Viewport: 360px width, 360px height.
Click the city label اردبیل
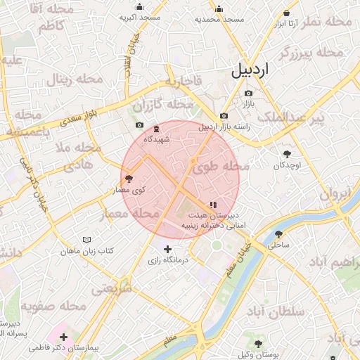pyautogui.click(x=249, y=70)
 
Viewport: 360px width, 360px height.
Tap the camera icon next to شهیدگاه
pyautogui.click(x=139, y=125)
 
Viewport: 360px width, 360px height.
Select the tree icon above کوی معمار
pyautogui.click(x=128, y=179)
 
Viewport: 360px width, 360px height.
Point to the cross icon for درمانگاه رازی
pyautogui.click(x=167, y=248)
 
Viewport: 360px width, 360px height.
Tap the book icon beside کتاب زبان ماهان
pyautogui.click(x=86, y=240)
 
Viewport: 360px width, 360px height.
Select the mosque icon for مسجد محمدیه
pyautogui.click(x=219, y=9)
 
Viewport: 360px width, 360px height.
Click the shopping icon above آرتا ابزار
pyautogui.click(x=286, y=13)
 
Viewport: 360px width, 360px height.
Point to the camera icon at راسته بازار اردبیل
pyautogui.click(x=224, y=116)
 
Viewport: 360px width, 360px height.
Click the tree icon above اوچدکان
pyautogui.click(x=286, y=154)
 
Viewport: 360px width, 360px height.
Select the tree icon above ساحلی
pyautogui.click(x=279, y=234)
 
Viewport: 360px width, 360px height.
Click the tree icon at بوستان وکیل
pyautogui.click(x=259, y=343)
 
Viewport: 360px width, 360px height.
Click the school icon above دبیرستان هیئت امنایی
pyautogui.click(x=213, y=205)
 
